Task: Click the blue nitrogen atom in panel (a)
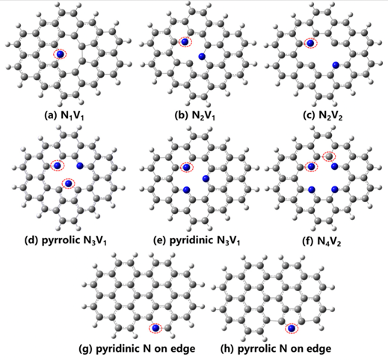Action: click(x=60, y=54)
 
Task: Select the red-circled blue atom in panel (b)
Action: click(x=185, y=42)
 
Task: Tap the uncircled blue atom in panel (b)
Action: click(x=202, y=57)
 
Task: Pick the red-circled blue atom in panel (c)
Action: click(x=310, y=43)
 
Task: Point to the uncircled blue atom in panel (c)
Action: click(x=336, y=65)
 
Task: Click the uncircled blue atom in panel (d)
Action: click(x=80, y=165)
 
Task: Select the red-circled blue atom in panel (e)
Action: click(x=186, y=167)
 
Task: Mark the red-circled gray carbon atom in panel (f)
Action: click(x=329, y=156)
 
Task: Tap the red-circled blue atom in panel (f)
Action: click(x=311, y=166)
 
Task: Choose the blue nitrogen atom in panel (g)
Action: click(x=155, y=329)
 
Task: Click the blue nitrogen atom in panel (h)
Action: click(x=292, y=329)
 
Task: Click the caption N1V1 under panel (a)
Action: click(x=73, y=116)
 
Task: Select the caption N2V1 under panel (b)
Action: click(x=203, y=116)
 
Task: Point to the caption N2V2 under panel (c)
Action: click(x=330, y=116)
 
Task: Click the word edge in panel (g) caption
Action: click(x=183, y=349)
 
